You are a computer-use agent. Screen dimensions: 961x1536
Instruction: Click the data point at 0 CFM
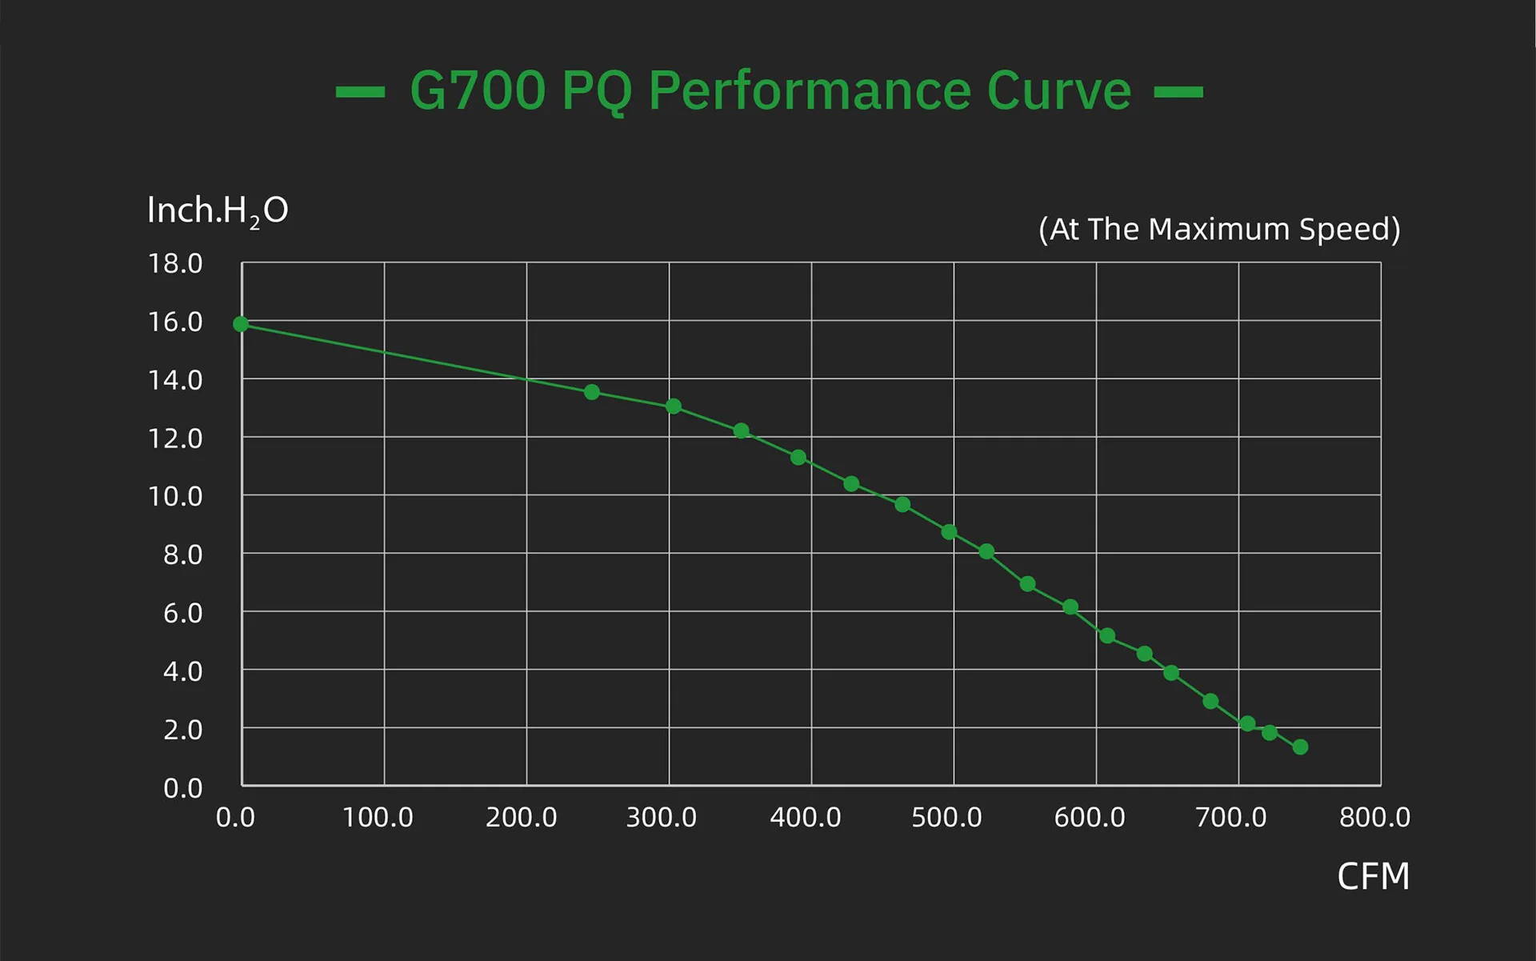point(241,324)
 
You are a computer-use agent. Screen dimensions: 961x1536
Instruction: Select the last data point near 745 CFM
point(1300,747)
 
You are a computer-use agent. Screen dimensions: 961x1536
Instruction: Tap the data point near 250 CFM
point(592,392)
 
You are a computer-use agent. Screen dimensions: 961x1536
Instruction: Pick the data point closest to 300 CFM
point(674,406)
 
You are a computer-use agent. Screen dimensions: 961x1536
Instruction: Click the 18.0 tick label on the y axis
point(175,263)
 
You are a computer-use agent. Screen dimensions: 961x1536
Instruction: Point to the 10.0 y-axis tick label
point(175,496)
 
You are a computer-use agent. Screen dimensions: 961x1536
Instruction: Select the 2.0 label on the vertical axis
point(182,730)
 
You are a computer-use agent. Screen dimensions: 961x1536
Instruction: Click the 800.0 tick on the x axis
point(1374,817)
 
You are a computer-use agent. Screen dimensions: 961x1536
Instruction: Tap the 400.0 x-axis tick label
point(805,817)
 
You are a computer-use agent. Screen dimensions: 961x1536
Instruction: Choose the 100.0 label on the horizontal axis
point(378,817)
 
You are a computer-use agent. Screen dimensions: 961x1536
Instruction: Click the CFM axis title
point(1373,876)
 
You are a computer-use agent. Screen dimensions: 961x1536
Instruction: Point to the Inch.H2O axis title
point(218,211)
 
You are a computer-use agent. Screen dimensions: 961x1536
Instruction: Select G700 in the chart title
point(478,90)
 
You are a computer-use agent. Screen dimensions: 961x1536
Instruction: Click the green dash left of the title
point(360,92)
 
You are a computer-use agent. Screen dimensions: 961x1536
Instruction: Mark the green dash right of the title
point(1178,92)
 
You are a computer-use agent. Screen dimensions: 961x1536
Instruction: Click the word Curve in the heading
point(1058,90)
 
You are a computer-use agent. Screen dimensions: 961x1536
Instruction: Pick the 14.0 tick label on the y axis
point(175,380)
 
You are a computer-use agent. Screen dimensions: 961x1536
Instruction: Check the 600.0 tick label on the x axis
point(1089,817)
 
